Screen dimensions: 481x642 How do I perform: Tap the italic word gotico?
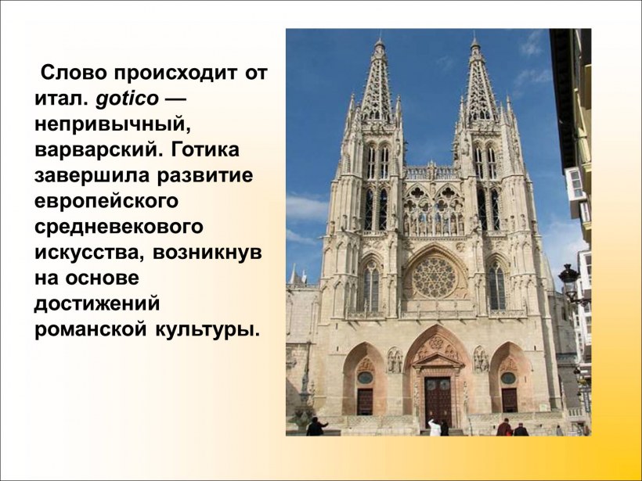pos(129,99)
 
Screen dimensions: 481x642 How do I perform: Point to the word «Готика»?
pos(204,149)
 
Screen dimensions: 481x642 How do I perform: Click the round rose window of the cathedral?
pos(435,277)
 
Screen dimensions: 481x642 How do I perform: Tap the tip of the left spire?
pos(379,39)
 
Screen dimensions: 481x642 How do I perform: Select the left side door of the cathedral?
pos(365,400)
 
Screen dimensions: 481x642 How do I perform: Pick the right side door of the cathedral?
pos(510,400)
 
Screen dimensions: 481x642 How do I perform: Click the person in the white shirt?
pos(435,427)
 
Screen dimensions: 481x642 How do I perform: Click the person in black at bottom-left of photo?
pos(316,426)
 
